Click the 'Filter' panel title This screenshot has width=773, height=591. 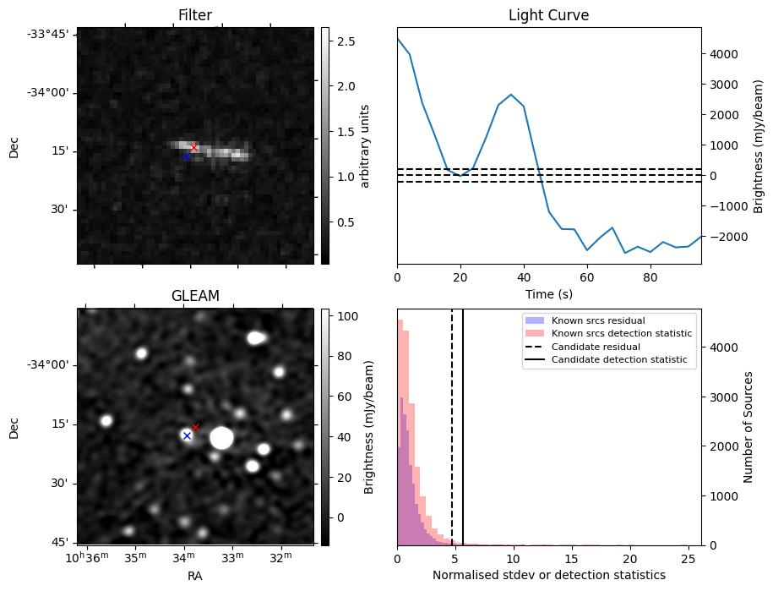[x=195, y=15]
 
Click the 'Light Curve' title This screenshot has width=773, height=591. [x=548, y=15]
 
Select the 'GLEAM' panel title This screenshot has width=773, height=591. [x=195, y=296]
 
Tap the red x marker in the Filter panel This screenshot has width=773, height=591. [x=193, y=147]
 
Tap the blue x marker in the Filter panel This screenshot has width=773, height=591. [x=187, y=156]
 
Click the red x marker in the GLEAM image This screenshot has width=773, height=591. [x=195, y=427]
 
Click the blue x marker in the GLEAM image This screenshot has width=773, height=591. [x=187, y=435]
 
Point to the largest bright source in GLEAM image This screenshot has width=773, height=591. [x=221, y=438]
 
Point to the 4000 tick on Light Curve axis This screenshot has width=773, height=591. [x=723, y=54]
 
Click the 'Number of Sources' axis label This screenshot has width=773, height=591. [x=749, y=427]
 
